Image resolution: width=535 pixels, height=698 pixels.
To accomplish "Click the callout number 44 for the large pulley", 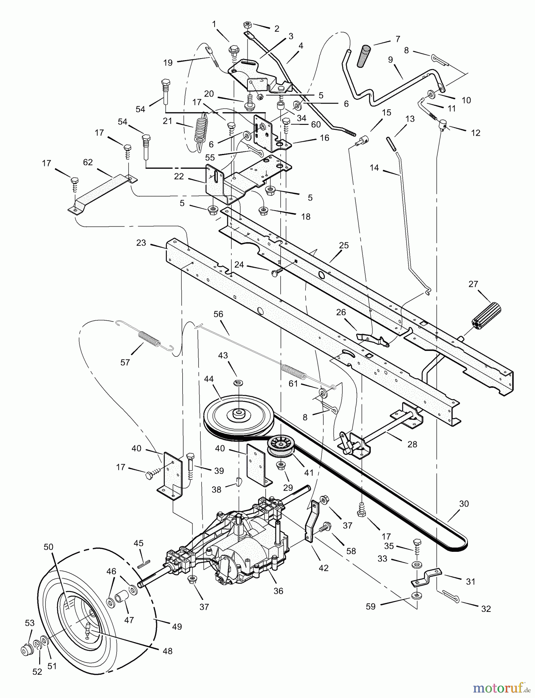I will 209,379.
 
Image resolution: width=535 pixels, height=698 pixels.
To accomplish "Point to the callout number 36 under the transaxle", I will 278,591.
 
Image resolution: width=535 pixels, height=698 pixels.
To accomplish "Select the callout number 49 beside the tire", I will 177,626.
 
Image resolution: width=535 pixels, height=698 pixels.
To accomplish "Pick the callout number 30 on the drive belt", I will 464,504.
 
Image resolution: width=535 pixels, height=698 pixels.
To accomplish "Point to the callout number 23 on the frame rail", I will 141,243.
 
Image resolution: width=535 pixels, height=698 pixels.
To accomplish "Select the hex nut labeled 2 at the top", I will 247,25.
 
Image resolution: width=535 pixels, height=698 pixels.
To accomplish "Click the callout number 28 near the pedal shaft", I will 412,444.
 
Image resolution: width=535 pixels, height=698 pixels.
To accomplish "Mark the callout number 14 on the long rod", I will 374,168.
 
